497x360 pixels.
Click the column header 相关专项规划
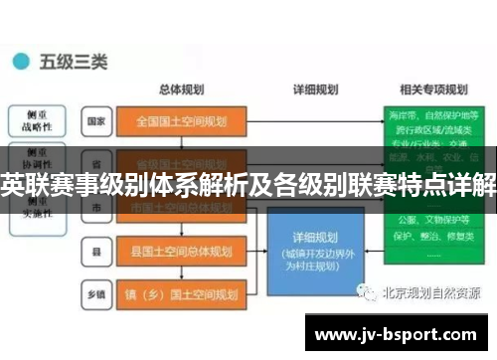click(429, 88)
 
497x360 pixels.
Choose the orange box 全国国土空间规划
click(181, 122)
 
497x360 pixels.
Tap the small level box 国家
click(96, 122)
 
